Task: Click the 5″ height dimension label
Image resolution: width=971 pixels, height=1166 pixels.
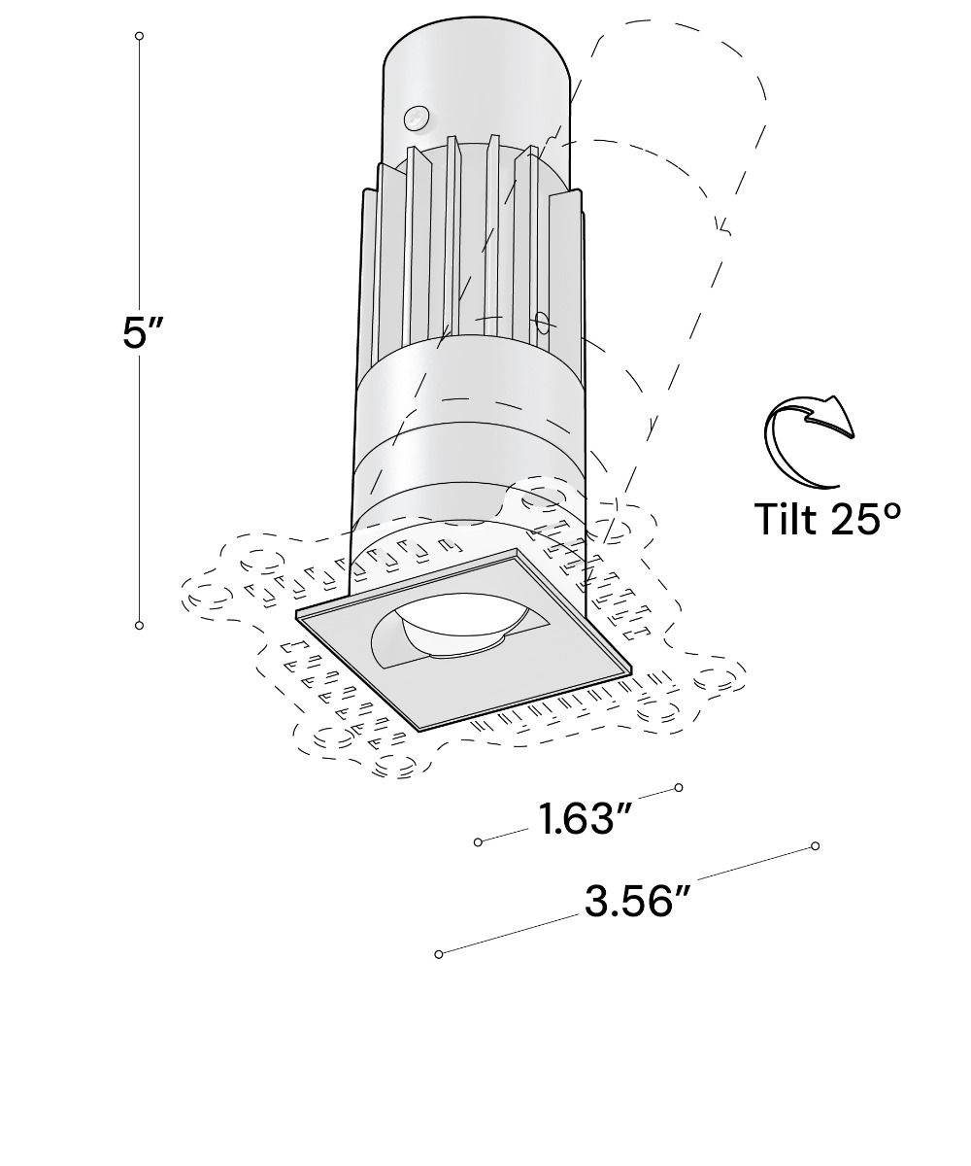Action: tap(143, 333)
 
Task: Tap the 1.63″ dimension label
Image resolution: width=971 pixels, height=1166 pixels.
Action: tap(585, 820)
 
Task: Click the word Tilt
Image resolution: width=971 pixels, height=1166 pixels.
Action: tap(787, 518)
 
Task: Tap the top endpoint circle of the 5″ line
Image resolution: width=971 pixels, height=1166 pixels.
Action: tap(140, 36)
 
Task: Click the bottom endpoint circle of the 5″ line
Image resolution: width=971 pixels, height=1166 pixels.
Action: tap(140, 625)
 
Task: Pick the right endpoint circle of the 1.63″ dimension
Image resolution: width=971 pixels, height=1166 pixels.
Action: tap(679, 787)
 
